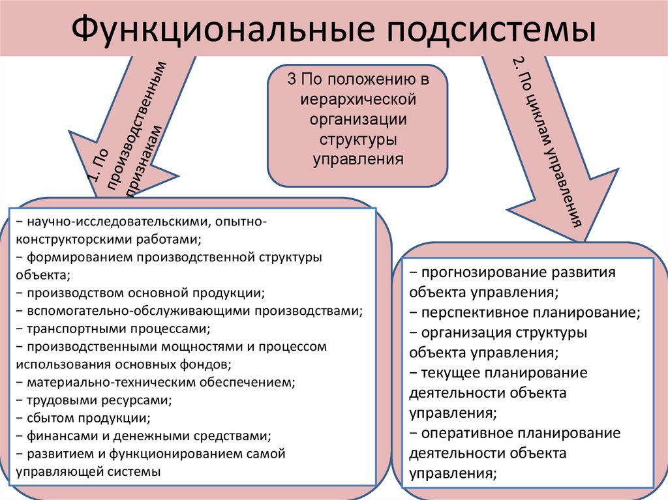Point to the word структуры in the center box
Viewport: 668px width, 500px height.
tap(358, 140)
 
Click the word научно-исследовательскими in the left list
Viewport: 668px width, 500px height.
tap(115, 222)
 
